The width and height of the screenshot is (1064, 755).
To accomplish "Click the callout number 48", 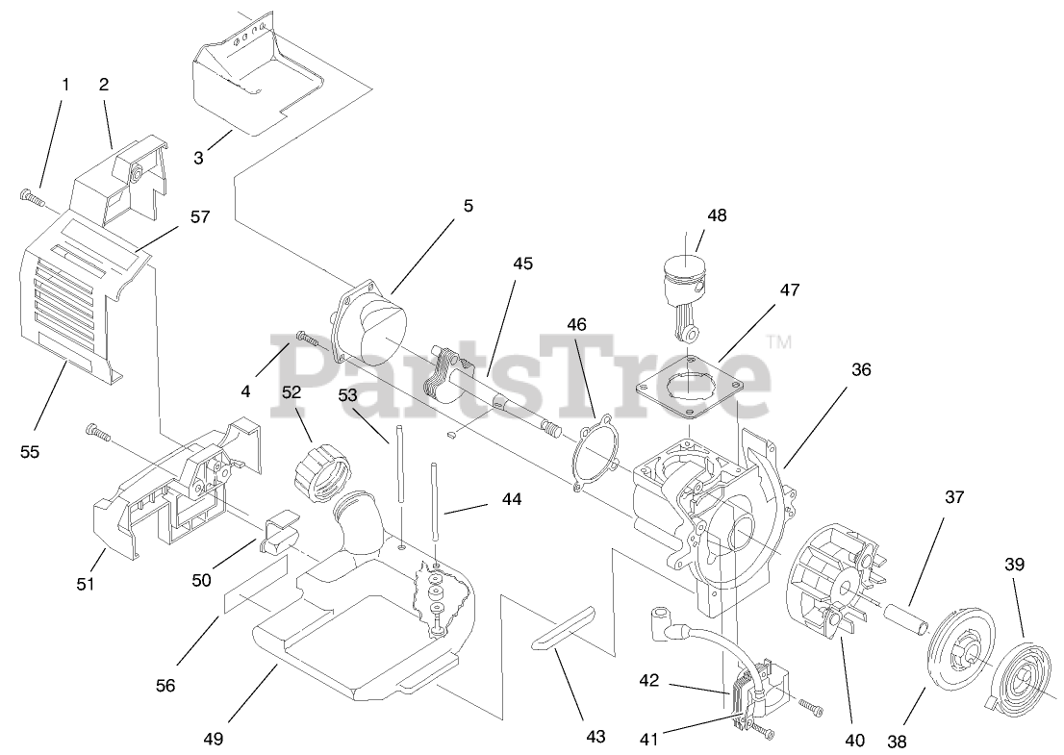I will coord(718,216).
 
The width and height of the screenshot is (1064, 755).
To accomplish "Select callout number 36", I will coord(861,369).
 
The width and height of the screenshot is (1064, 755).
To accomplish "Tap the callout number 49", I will coord(213,739).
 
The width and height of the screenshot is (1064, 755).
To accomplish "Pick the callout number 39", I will coord(1014,565).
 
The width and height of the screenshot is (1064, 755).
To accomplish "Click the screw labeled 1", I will coord(31,197).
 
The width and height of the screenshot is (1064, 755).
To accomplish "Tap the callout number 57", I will coord(199,217).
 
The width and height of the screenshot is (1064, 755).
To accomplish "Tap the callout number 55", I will coord(30,450).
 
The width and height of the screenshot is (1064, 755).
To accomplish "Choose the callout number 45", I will coord(523,264).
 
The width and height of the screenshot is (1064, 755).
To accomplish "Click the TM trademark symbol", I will coord(779,340).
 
